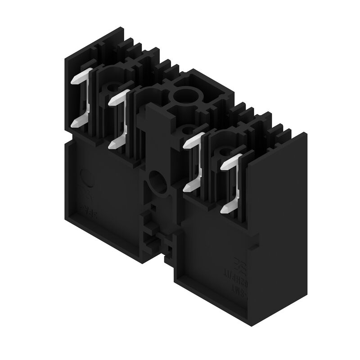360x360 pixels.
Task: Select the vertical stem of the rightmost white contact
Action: click(233, 184)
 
